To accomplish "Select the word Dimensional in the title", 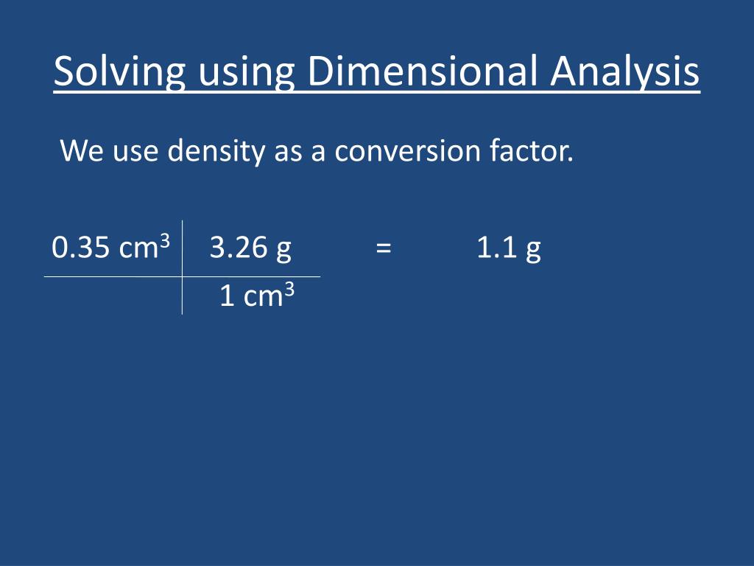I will [x=423, y=72].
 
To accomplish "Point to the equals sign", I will [x=382, y=248].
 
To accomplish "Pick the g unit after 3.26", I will [x=283, y=251].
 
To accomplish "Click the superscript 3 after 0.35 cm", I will [x=165, y=240].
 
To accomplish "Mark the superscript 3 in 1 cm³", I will [x=289, y=290].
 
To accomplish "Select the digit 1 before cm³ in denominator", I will [x=228, y=297].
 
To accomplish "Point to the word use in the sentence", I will [x=136, y=152].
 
